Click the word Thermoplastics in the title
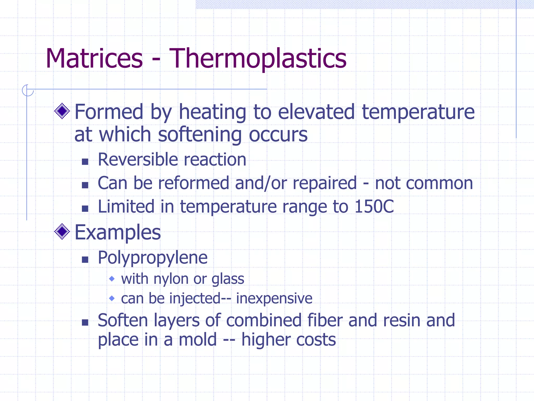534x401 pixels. [x=258, y=59]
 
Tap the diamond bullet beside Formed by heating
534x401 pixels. [x=62, y=111]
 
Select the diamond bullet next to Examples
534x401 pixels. [x=62, y=231]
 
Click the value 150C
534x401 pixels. [x=374, y=207]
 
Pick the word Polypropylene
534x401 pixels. [x=153, y=258]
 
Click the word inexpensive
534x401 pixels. [x=274, y=298]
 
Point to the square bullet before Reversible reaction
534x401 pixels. [x=85, y=162]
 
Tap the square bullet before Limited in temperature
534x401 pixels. [x=85, y=208]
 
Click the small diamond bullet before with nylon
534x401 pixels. [x=112, y=279]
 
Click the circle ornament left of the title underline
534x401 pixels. [x=27, y=90]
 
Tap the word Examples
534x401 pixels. [x=118, y=232]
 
